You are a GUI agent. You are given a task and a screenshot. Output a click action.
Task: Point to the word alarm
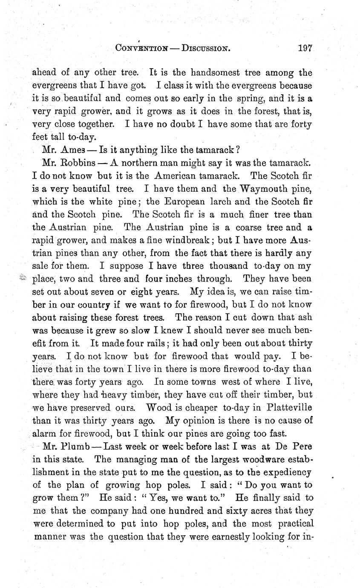click(45, 433)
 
